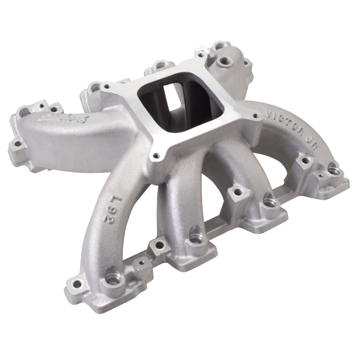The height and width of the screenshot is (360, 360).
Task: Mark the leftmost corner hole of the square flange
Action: coord(106,85)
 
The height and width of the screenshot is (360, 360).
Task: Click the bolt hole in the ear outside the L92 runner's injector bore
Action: coord(73,283)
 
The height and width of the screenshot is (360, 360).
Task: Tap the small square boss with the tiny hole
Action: coord(141,262)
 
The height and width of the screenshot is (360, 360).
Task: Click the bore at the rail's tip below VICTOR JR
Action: coord(334,170)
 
